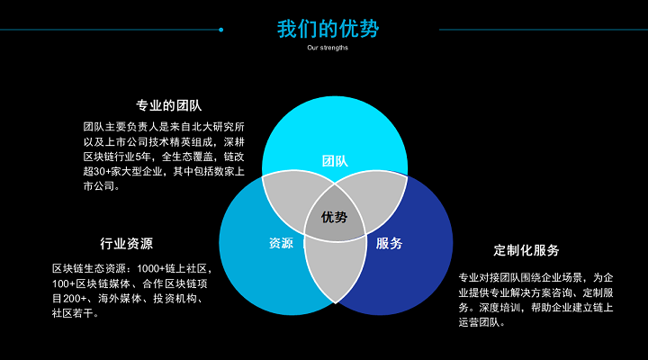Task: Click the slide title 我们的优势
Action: click(x=328, y=29)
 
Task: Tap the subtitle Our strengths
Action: click(x=328, y=48)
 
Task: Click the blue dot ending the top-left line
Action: click(x=221, y=30)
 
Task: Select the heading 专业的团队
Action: click(x=169, y=106)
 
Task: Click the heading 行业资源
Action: click(x=127, y=243)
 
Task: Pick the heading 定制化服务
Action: click(x=526, y=250)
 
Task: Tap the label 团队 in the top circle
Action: click(x=335, y=161)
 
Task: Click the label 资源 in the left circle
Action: click(x=281, y=243)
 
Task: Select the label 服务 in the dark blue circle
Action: click(x=389, y=243)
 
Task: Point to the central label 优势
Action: click(x=334, y=217)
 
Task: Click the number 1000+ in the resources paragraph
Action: click(x=150, y=269)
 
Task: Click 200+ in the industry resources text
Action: click(x=75, y=299)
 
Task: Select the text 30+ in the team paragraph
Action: click(x=102, y=171)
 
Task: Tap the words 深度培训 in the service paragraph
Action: click(x=500, y=308)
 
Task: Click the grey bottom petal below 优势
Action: click(x=335, y=269)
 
